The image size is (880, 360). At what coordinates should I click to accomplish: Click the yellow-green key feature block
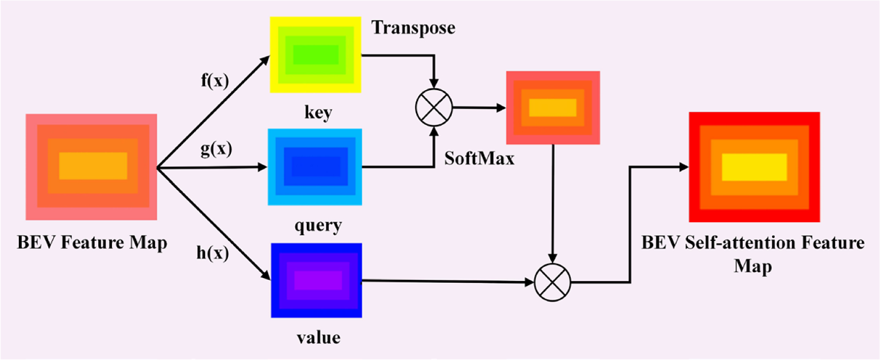click(315, 54)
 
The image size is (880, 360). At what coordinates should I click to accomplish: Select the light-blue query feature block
click(314, 167)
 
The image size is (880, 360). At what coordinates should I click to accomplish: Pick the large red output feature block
click(754, 167)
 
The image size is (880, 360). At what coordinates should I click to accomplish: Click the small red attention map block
click(553, 108)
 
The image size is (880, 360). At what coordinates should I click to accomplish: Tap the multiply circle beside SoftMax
click(434, 108)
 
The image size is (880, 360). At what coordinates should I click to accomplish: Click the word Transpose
click(413, 28)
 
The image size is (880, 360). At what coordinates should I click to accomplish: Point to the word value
click(318, 338)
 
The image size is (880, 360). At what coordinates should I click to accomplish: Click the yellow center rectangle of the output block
click(754, 167)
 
